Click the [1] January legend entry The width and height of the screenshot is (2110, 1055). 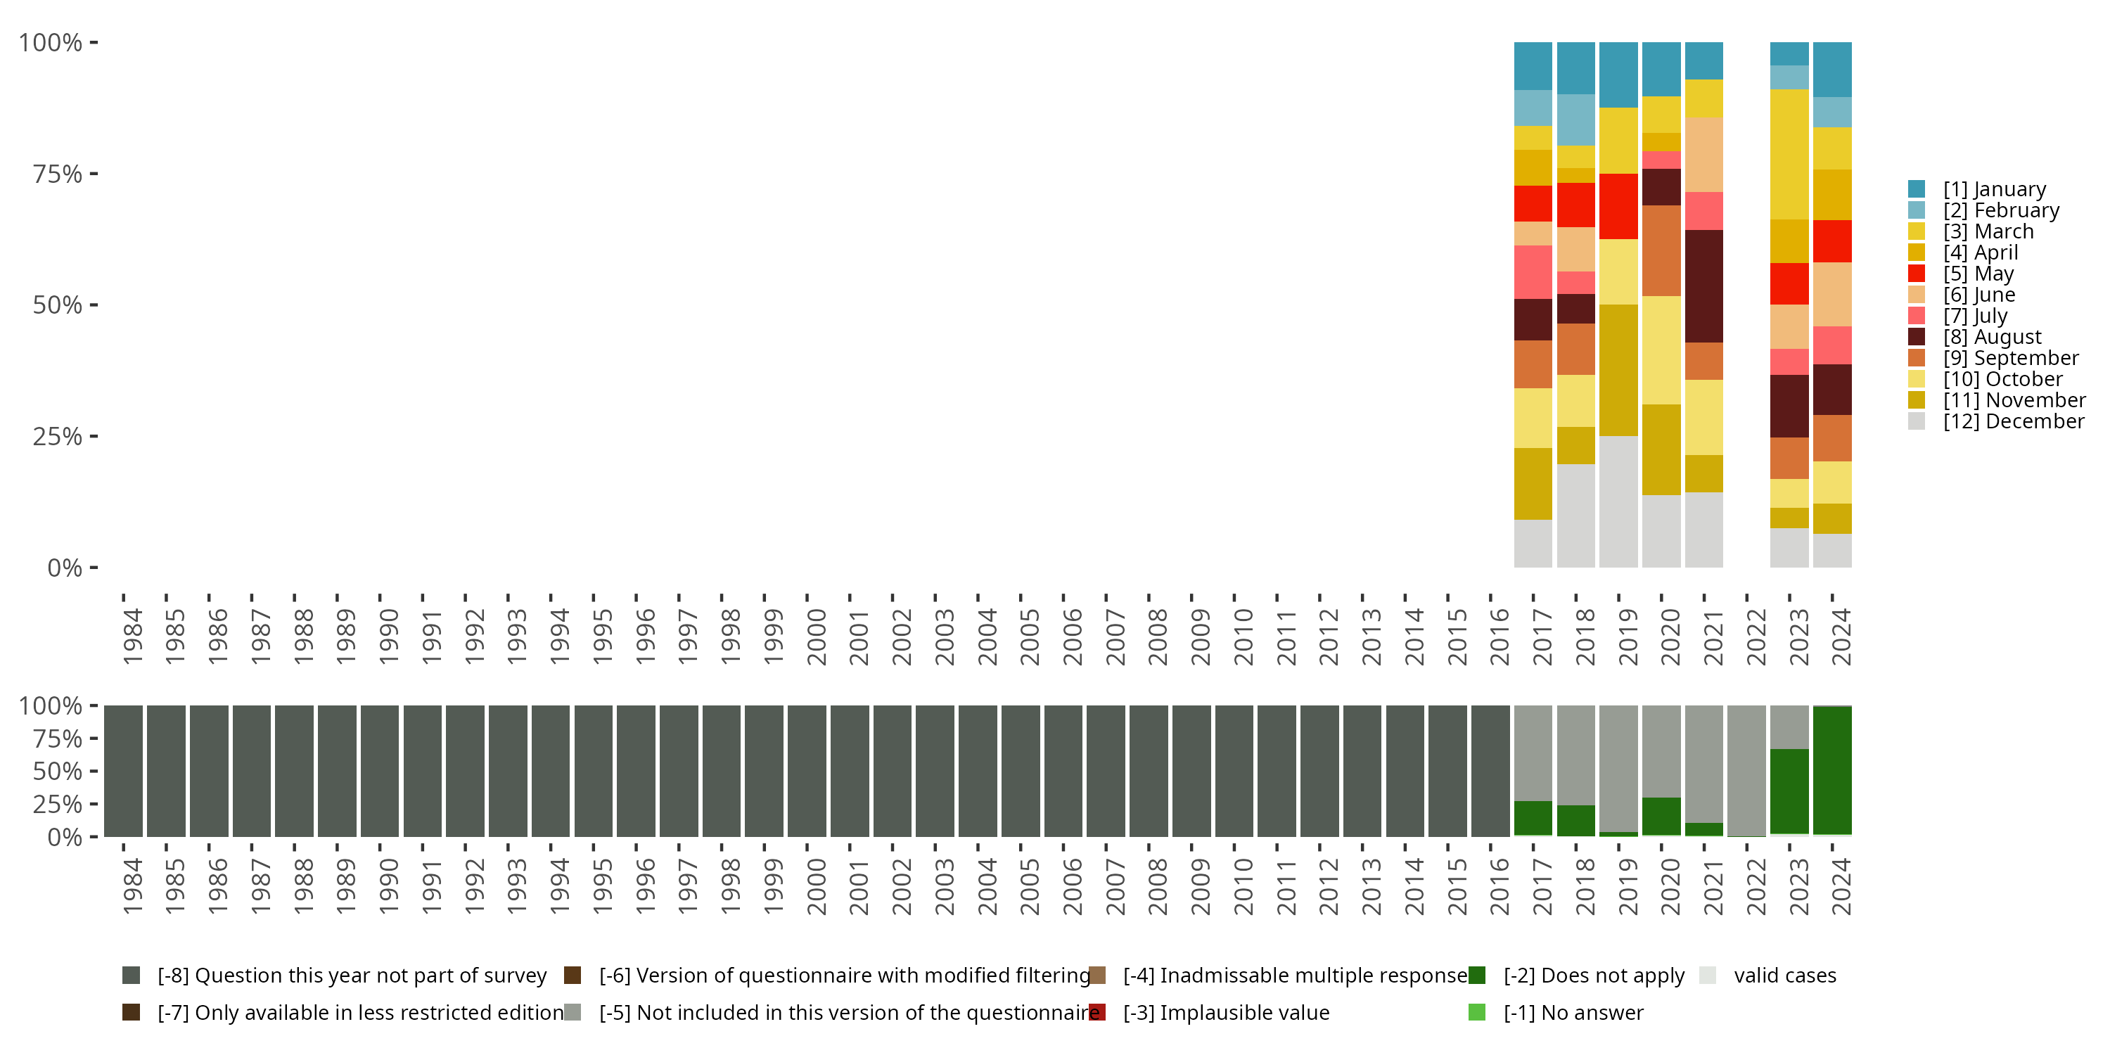[x=1994, y=189]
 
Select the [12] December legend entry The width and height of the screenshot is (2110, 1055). [x=2012, y=421]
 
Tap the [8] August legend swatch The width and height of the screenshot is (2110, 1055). [x=1916, y=337]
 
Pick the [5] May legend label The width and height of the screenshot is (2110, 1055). [x=1978, y=274]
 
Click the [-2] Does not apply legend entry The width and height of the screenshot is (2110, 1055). [x=1593, y=976]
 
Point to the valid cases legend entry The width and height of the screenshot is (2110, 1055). [x=1784, y=976]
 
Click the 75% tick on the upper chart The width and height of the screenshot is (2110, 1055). [x=58, y=174]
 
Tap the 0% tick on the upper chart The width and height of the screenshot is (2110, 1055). [x=64, y=568]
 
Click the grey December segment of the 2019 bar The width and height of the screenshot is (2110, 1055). [x=1618, y=501]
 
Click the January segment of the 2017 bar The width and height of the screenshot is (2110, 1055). [x=1533, y=65]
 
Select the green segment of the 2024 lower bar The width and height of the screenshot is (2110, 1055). [x=1832, y=770]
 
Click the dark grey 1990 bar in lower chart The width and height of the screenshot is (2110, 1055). [x=380, y=771]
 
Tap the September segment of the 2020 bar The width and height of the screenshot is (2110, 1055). [x=1661, y=250]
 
